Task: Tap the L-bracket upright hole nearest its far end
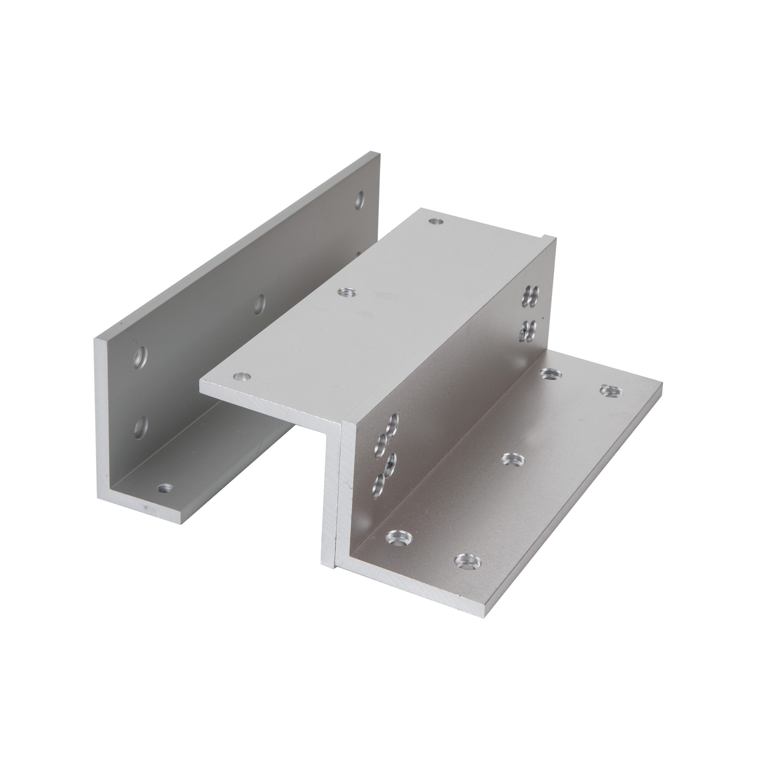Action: [359, 200]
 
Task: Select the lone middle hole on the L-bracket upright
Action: [259, 305]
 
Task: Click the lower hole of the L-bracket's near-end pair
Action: [139, 426]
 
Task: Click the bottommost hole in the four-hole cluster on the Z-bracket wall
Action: [379, 482]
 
